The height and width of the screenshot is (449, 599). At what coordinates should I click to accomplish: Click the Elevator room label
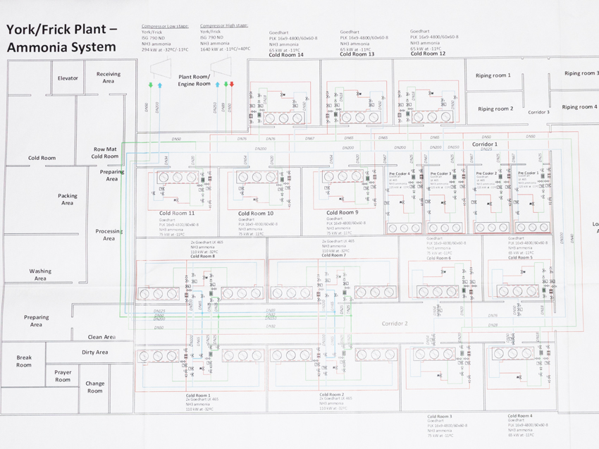[x=68, y=78]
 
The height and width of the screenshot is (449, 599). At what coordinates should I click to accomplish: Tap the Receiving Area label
[x=109, y=78]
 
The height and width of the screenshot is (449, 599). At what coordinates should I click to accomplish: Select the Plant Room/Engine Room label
[x=194, y=80]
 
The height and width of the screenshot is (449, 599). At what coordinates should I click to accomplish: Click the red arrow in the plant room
[x=232, y=85]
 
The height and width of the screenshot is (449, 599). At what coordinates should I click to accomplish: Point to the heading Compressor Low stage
[x=164, y=25]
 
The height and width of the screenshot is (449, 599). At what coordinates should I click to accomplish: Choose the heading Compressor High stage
[x=223, y=25]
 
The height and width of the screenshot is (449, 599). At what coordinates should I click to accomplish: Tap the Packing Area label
[x=67, y=199]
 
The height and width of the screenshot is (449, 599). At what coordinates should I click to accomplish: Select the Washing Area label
[x=40, y=274]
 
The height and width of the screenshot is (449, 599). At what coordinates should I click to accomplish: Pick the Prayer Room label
[x=63, y=376]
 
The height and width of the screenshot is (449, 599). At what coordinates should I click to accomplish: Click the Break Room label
[x=24, y=361]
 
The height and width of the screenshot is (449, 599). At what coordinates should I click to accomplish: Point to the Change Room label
[x=94, y=387]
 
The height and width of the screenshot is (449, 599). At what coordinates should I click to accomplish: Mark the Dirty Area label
[x=94, y=352]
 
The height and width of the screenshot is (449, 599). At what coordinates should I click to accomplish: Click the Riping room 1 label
[x=493, y=75]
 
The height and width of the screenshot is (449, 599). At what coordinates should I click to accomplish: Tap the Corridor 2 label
[x=395, y=324]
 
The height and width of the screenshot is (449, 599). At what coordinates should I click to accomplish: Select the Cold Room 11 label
[x=176, y=212]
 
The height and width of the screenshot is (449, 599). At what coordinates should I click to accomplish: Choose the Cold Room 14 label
[x=287, y=54]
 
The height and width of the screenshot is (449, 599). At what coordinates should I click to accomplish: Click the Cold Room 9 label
[x=342, y=211]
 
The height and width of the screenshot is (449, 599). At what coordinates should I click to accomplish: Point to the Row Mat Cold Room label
[x=105, y=153]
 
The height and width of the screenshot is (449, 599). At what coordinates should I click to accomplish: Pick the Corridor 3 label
[x=538, y=112]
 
